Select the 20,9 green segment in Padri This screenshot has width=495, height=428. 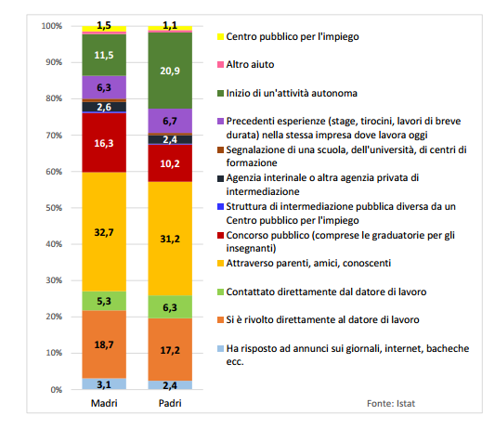[170, 71]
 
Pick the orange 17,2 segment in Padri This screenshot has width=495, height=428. [170, 349]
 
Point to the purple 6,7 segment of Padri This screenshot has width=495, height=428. [170, 122]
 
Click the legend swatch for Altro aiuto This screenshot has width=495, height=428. [220, 65]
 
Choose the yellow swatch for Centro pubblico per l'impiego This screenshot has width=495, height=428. [220, 37]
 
